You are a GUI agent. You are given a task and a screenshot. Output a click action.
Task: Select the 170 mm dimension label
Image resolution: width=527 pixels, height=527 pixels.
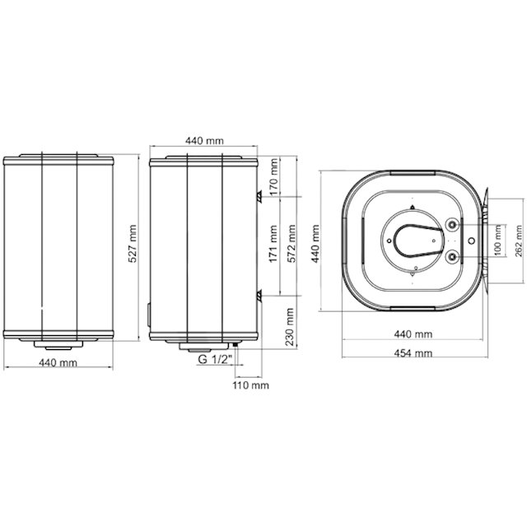pos(274,177)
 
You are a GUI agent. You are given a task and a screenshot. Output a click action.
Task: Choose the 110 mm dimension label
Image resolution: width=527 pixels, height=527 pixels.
pos(250,385)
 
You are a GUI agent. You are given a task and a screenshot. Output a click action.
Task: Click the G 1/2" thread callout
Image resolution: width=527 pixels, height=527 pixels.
pos(215,359)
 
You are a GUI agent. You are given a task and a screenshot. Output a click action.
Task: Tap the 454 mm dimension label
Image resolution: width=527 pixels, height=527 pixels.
pos(413,353)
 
